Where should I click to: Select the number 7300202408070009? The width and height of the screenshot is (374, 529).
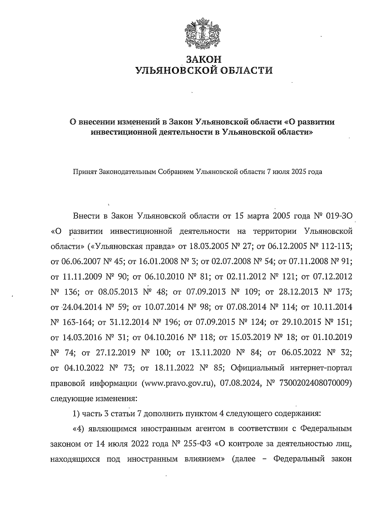(x=315, y=383)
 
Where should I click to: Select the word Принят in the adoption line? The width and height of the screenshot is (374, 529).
(x=85, y=172)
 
